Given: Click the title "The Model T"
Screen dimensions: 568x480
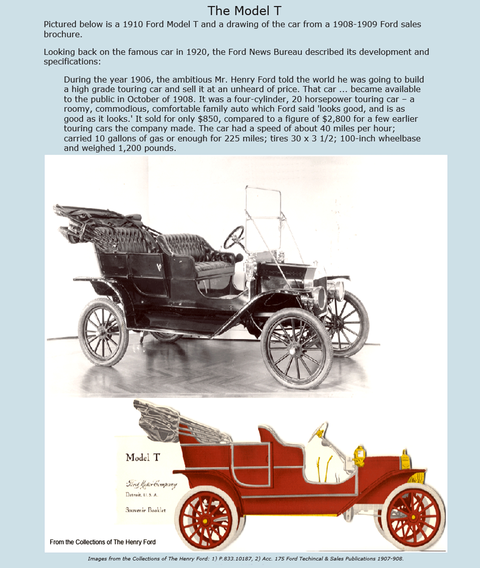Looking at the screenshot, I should (x=244, y=11).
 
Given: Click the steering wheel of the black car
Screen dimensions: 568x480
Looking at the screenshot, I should (x=234, y=237).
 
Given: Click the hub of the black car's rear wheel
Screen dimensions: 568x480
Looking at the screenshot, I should (x=103, y=333).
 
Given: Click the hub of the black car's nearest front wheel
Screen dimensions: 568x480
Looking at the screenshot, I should (x=293, y=351).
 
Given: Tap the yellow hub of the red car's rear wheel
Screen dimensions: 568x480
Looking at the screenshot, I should (x=205, y=521).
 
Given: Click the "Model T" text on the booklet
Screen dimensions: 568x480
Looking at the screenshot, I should (x=143, y=458).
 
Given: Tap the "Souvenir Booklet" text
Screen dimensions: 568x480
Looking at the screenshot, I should (x=145, y=510).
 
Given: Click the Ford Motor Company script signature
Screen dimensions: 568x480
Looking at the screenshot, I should (x=151, y=484).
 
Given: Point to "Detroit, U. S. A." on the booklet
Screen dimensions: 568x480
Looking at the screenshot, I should (x=141, y=495).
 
